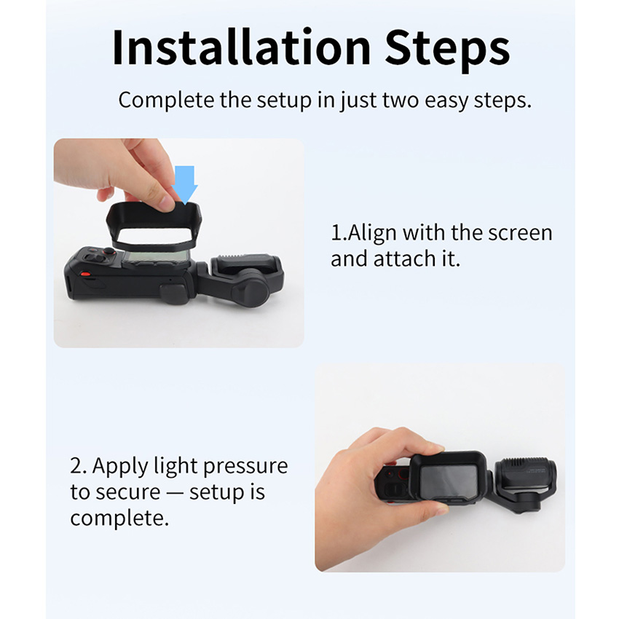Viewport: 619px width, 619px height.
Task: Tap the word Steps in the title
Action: [447, 50]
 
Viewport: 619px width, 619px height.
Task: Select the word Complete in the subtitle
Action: [166, 101]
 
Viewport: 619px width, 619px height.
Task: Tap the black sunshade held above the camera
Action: [154, 226]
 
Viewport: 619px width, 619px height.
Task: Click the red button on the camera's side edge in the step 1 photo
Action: [84, 275]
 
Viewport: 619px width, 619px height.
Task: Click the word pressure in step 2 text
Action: [245, 468]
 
